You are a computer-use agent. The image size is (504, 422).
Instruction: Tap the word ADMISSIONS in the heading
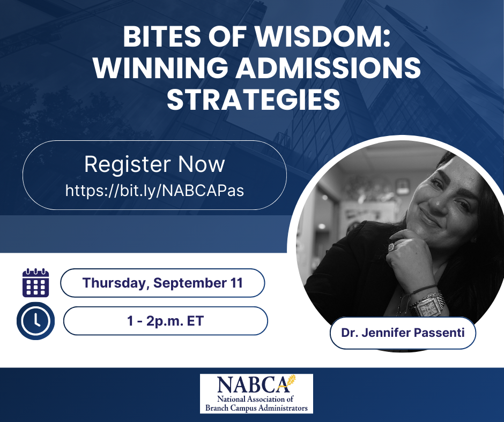(x=328, y=68)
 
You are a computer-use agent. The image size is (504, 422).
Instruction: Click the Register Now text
(x=154, y=164)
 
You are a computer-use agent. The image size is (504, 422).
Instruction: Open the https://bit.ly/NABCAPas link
(x=154, y=190)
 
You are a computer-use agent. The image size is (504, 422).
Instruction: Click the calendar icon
(x=36, y=283)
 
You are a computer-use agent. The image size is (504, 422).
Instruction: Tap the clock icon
(x=36, y=321)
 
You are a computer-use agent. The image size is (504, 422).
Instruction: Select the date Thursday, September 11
(x=162, y=283)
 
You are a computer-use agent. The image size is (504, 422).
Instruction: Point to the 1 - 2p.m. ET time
(x=166, y=321)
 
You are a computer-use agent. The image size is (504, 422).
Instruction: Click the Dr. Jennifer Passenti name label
(x=403, y=333)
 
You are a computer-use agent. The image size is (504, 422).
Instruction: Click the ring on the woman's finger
(x=392, y=247)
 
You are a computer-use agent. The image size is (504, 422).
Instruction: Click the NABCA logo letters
(x=253, y=385)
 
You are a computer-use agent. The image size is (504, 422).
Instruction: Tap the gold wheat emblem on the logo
(x=290, y=381)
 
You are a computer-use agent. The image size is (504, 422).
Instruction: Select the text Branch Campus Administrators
(x=256, y=408)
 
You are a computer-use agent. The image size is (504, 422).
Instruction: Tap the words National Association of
(x=255, y=399)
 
